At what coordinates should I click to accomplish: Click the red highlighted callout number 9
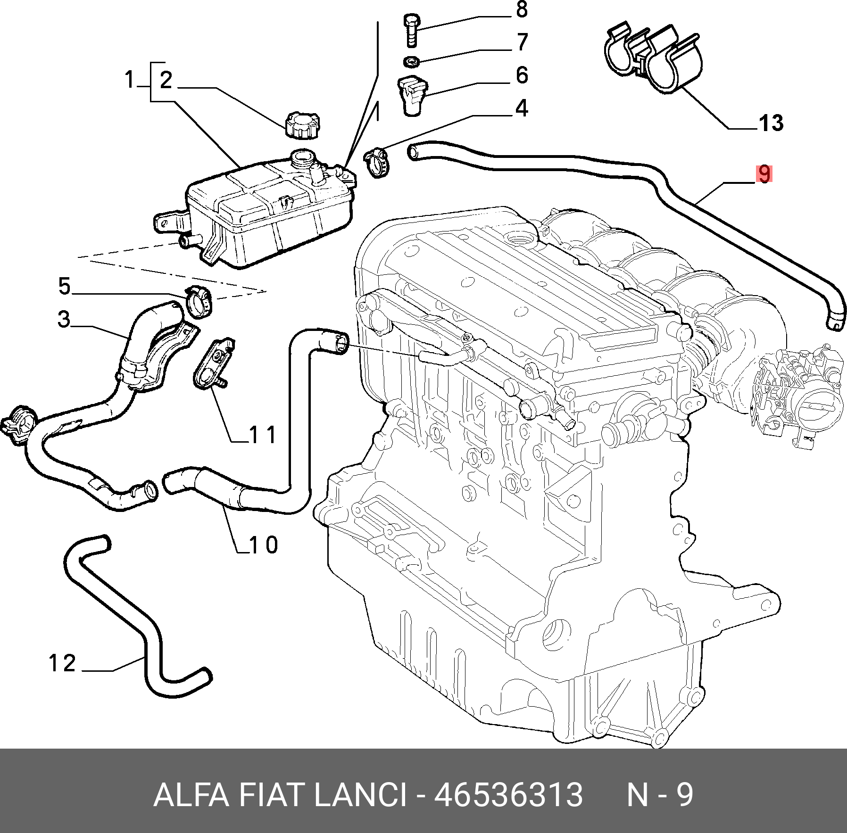coord(764,173)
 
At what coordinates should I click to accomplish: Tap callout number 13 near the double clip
coord(771,123)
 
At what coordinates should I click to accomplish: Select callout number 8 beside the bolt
coord(522,9)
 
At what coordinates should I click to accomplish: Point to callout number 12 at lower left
coord(62,663)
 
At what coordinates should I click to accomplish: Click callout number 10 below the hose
coord(264,545)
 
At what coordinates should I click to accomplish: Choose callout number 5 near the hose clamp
coord(65,286)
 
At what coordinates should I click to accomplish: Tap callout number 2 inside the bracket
coord(166,80)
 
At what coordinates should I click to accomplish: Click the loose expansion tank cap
coord(302,124)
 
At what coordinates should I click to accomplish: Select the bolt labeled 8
coord(411,30)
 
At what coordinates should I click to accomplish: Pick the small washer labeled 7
coord(412,61)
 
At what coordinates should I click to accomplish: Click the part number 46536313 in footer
coord(508,795)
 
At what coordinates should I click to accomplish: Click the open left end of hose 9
coord(413,152)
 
